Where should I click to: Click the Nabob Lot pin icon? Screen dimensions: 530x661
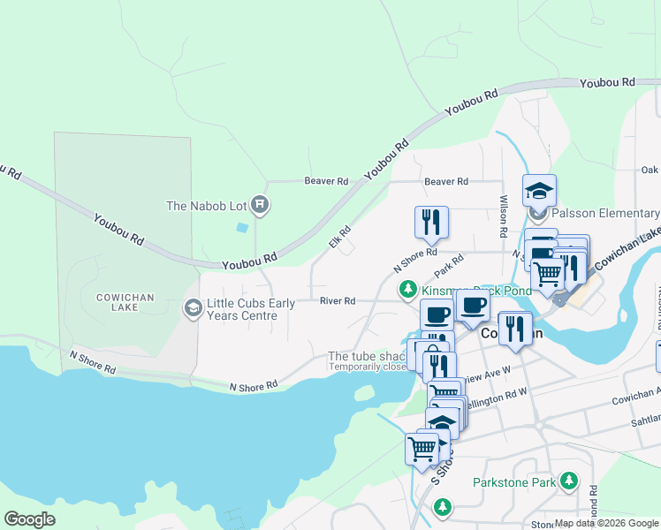click(260, 206)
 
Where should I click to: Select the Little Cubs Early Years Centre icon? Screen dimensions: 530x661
click(192, 307)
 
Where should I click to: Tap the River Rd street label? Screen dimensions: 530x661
click(338, 301)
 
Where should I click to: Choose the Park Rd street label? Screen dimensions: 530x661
click(449, 264)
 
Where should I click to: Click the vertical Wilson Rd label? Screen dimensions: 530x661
click(503, 216)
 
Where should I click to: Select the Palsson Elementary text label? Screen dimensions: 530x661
click(606, 214)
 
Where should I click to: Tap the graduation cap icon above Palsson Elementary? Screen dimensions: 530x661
click(539, 189)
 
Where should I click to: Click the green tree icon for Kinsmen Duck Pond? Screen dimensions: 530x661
click(407, 289)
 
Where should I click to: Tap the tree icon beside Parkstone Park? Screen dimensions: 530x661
click(569, 481)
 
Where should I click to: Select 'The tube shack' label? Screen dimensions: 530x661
click(366, 357)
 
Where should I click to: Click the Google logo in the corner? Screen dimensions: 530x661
click(29, 519)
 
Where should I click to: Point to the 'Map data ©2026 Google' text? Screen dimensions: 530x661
click(606, 523)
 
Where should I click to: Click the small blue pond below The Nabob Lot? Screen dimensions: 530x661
click(242, 227)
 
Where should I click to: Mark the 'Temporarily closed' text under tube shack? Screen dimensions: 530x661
click(368, 367)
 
